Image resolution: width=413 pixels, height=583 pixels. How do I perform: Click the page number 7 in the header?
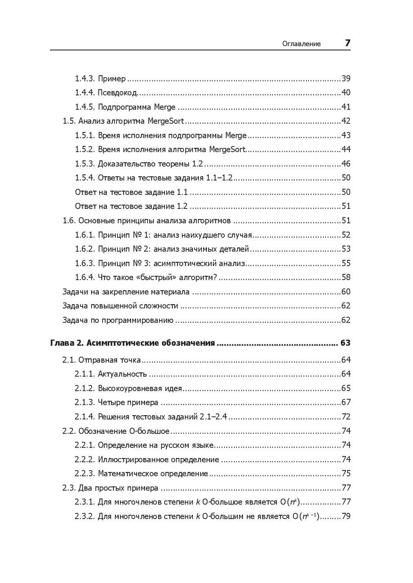tap(347, 43)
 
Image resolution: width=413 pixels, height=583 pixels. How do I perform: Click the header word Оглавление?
tap(301, 44)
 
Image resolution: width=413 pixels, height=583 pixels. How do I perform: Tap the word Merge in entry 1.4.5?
tap(165, 107)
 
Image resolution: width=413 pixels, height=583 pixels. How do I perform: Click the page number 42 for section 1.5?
tap(346, 121)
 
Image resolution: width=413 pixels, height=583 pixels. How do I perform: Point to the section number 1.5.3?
tap(84, 164)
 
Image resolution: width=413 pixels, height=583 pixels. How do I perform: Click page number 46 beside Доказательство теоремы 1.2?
tap(346, 164)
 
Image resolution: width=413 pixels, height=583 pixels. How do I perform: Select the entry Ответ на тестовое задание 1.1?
tap(131, 192)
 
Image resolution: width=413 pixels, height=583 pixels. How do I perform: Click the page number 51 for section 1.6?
tap(346, 221)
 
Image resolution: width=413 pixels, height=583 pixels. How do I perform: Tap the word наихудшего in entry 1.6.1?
tap(202, 235)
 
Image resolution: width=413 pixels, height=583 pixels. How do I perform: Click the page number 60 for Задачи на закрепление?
tap(346, 292)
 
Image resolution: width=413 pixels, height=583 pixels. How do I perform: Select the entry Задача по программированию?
tap(118, 320)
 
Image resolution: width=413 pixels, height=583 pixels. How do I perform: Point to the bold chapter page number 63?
tap(345, 343)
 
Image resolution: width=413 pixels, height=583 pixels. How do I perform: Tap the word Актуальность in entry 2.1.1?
tap(122, 374)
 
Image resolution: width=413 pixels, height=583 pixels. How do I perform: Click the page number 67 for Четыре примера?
tap(346, 403)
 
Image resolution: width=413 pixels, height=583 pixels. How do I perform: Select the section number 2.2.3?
tap(84, 474)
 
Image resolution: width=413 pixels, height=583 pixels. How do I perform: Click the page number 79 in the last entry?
tap(346, 516)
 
